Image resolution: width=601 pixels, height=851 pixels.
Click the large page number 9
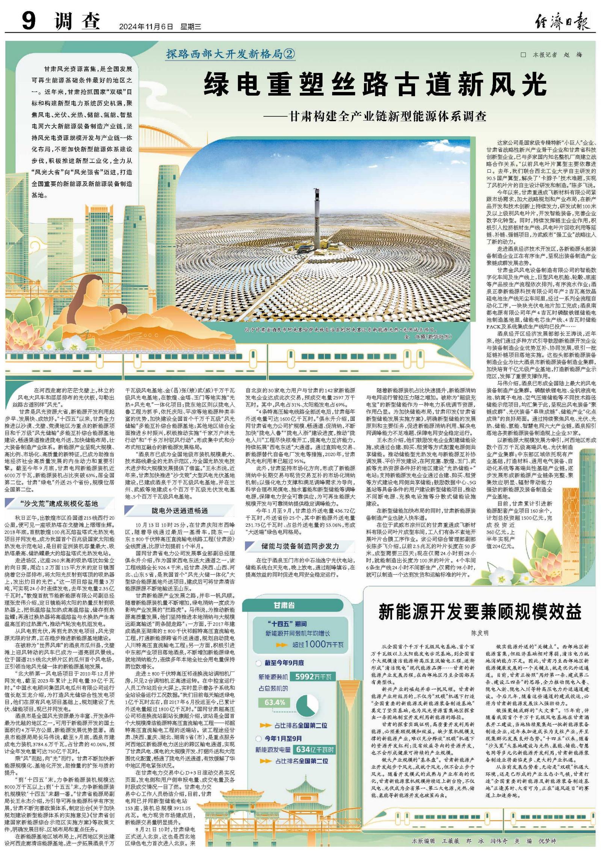point(29,21)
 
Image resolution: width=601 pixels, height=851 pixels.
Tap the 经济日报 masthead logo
point(562,22)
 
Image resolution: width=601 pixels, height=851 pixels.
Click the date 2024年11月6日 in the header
point(146,27)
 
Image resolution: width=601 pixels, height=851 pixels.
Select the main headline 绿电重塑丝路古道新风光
point(375,84)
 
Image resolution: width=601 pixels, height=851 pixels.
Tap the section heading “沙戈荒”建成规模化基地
point(59,503)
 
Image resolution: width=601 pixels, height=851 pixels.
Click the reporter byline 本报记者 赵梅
point(552,55)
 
